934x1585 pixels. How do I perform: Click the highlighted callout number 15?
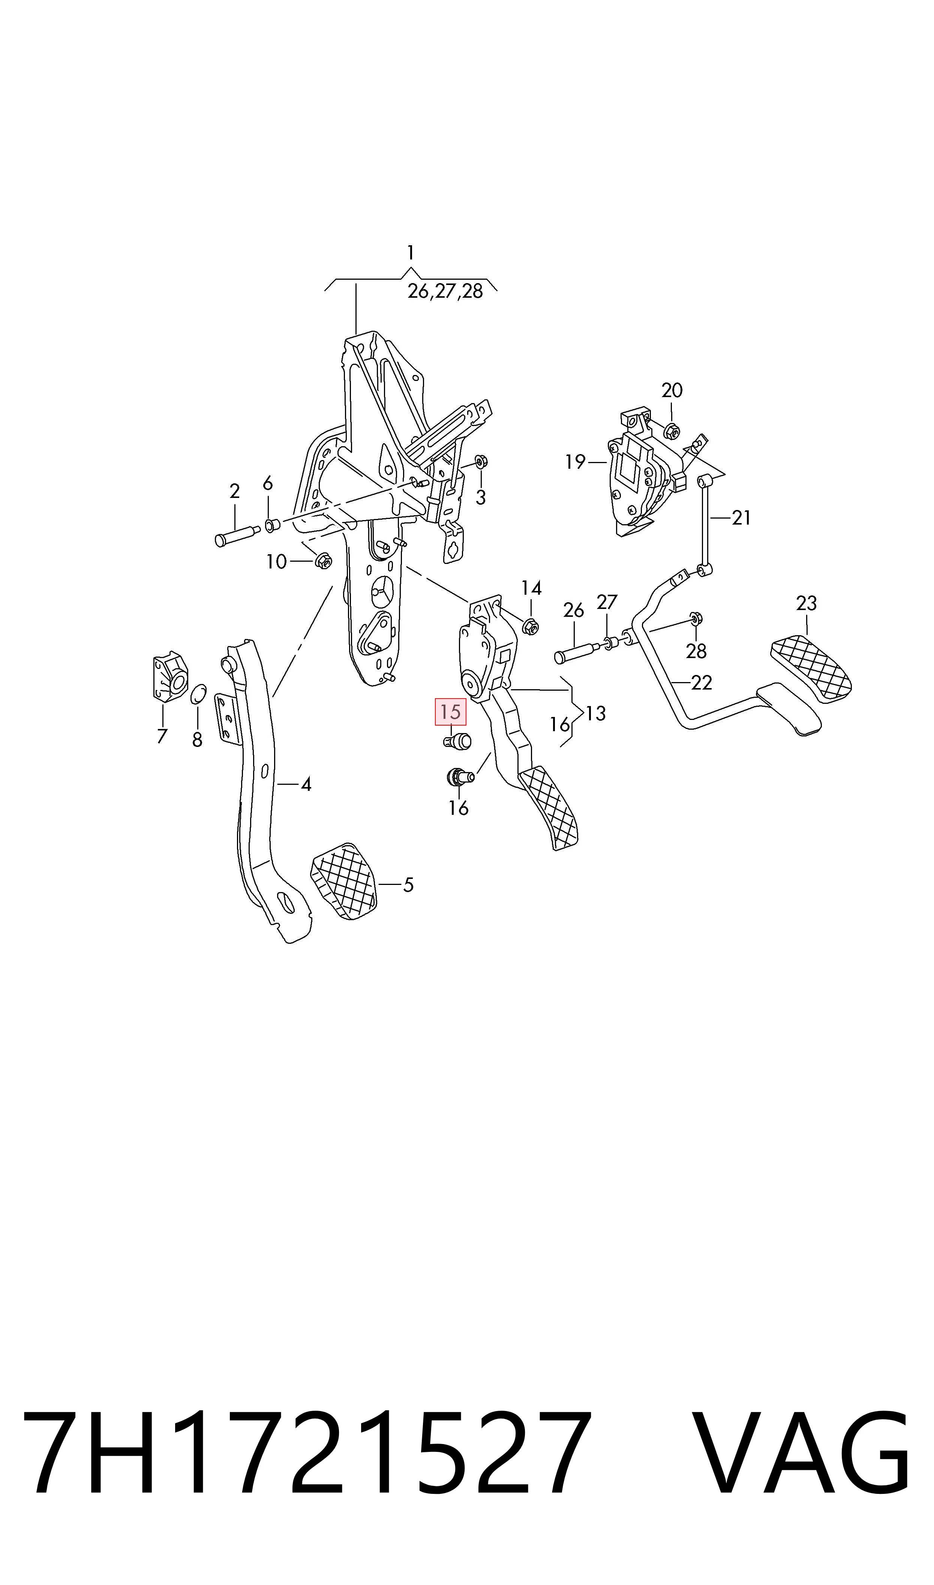(451, 712)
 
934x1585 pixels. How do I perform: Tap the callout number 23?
(806, 603)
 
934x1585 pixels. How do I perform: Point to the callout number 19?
(575, 462)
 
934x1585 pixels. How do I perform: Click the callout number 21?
(741, 518)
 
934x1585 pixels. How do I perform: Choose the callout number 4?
(306, 785)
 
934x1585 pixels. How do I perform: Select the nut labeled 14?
(531, 626)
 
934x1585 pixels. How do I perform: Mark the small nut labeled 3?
(480, 462)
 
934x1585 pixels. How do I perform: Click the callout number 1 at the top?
(410, 253)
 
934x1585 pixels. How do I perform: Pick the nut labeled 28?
(696, 618)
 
